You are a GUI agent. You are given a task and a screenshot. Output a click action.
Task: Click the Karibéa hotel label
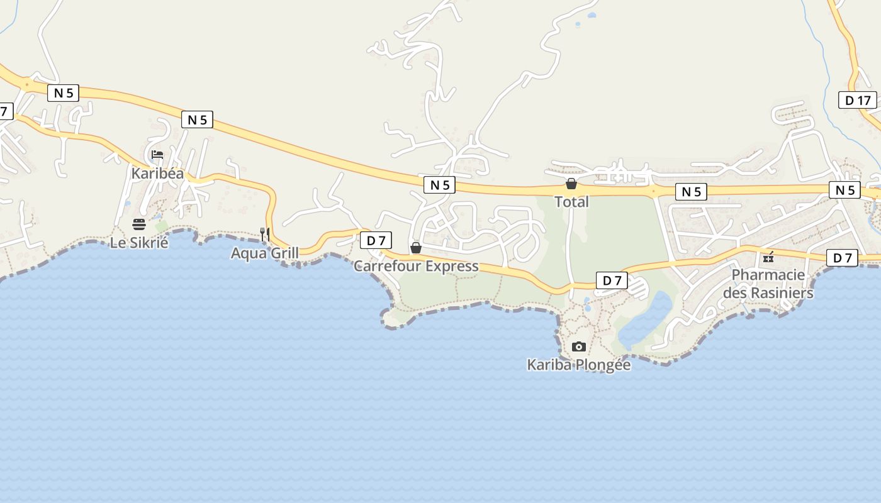[x=157, y=173]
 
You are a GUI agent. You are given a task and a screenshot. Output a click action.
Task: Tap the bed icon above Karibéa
[x=157, y=155]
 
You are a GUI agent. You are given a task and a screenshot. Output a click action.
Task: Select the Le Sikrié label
[x=139, y=242]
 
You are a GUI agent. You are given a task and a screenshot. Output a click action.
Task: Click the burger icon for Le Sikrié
[x=139, y=224]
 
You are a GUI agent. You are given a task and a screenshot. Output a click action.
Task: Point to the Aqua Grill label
[x=264, y=253]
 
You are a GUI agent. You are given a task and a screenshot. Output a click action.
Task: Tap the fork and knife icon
[x=265, y=235]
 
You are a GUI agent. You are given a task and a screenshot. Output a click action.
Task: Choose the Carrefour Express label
[x=416, y=266]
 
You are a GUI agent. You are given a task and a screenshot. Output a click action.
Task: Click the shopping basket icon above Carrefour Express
[x=416, y=248]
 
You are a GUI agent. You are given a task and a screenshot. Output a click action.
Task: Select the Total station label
[x=571, y=202]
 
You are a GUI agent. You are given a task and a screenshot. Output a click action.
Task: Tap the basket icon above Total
[x=571, y=184]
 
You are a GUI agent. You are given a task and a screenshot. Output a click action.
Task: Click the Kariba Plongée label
[x=578, y=365]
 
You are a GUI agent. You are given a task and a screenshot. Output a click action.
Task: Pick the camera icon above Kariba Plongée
[x=579, y=346]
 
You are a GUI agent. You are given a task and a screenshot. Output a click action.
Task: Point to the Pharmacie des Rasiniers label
[x=768, y=284]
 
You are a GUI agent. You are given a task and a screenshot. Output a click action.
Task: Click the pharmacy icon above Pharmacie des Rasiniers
[x=768, y=257]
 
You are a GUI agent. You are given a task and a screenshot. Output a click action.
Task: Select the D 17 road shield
[x=858, y=100]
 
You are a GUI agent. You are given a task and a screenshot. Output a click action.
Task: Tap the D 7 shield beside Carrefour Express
[x=376, y=240]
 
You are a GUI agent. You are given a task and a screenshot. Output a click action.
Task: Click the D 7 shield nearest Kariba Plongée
[x=612, y=280]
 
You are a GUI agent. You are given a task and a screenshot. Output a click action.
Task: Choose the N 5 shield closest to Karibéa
[x=197, y=119]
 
